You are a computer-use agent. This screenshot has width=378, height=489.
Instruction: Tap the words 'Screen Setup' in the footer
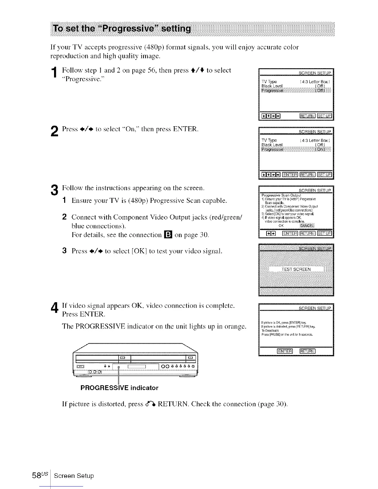coord(74,476)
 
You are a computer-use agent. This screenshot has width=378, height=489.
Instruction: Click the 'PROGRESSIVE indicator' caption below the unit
coord(119,388)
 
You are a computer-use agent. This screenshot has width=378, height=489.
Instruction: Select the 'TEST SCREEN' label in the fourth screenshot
coord(296,269)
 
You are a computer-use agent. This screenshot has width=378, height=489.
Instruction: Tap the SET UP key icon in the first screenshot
coord(324,116)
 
